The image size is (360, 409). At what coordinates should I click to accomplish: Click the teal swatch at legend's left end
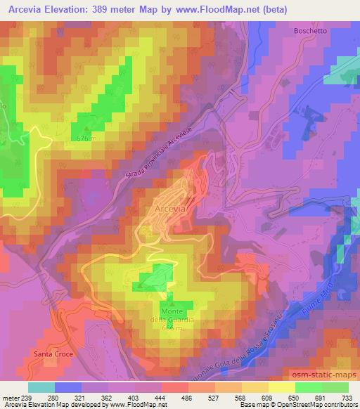41,387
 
